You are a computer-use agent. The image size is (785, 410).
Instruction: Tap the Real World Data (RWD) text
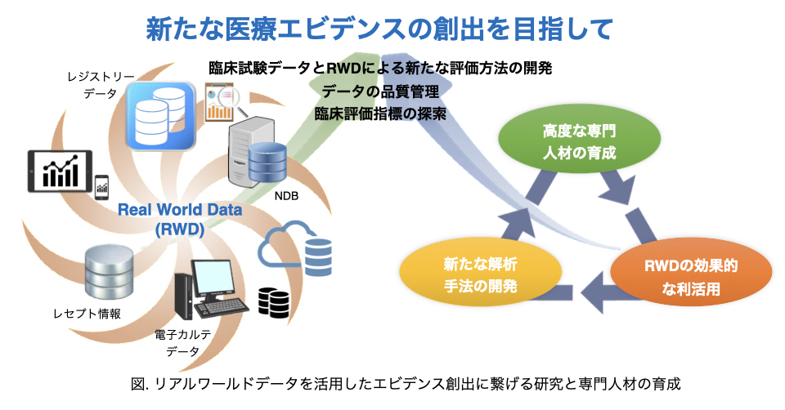click(179, 219)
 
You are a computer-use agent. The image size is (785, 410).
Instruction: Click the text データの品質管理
click(381, 91)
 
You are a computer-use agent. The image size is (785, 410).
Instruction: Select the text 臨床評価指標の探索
click(381, 114)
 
